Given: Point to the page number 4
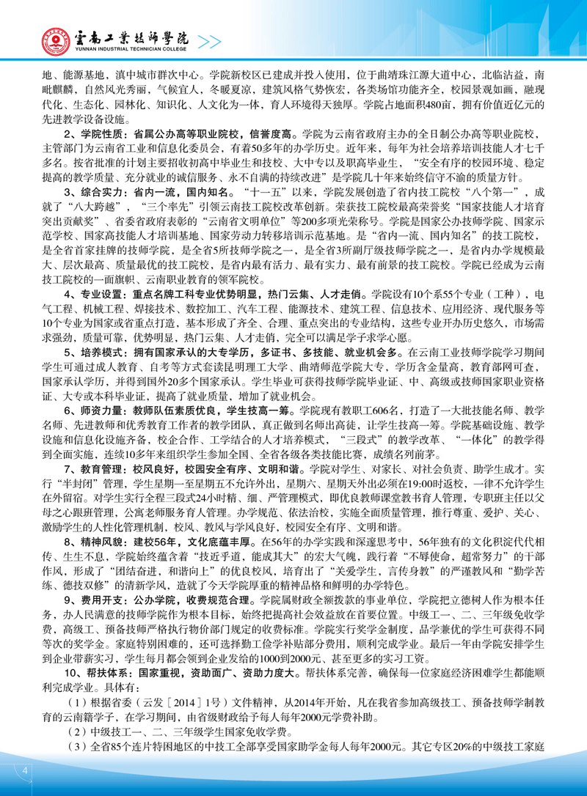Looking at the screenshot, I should [x=26, y=770].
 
